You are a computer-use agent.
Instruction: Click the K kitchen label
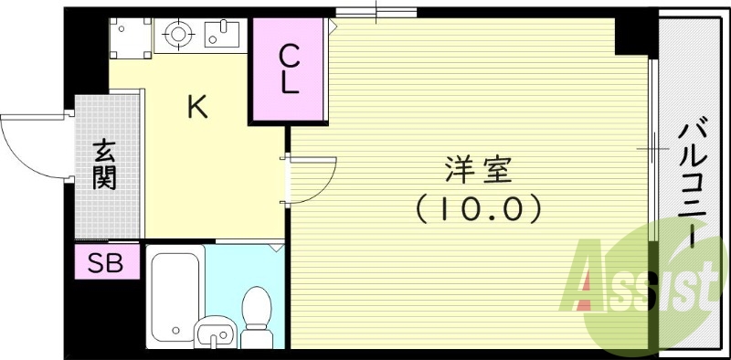pos(197,108)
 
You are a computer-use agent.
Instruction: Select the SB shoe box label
pos(107,263)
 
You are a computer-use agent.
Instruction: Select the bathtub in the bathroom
pos(174,292)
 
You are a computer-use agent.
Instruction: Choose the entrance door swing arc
pos(32,146)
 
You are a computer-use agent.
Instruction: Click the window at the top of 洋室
pos(376,12)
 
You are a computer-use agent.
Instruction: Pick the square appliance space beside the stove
pos(130,37)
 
